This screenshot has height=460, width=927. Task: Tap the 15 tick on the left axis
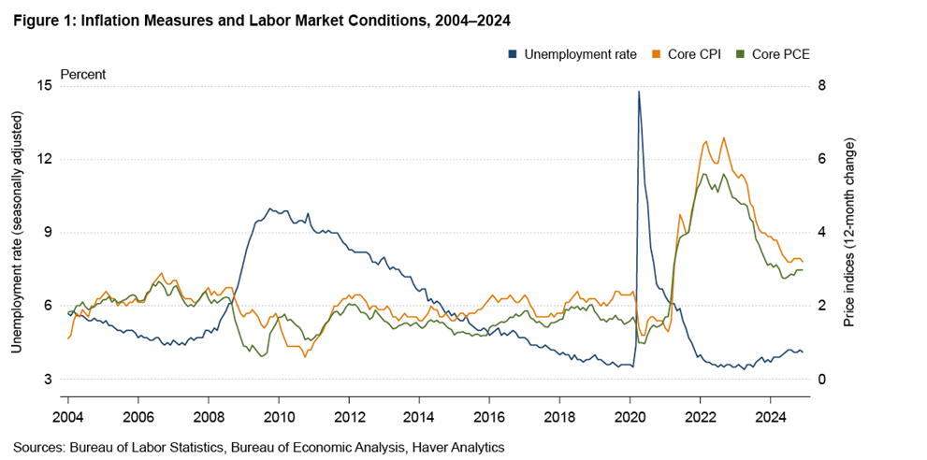pyautogui.click(x=44, y=86)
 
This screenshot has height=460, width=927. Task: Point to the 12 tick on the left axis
pyautogui.click(x=44, y=159)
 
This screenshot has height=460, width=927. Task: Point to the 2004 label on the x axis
pyautogui.click(x=68, y=414)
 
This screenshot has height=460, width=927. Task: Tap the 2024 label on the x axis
pyautogui.click(x=770, y=414)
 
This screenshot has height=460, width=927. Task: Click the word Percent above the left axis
pyautogui.click(x=83, y=74)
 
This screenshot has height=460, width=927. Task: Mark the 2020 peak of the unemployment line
pyautogui.click(x=639, y=92)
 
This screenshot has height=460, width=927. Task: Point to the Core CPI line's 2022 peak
pyautogui.click(x=723, y=137)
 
